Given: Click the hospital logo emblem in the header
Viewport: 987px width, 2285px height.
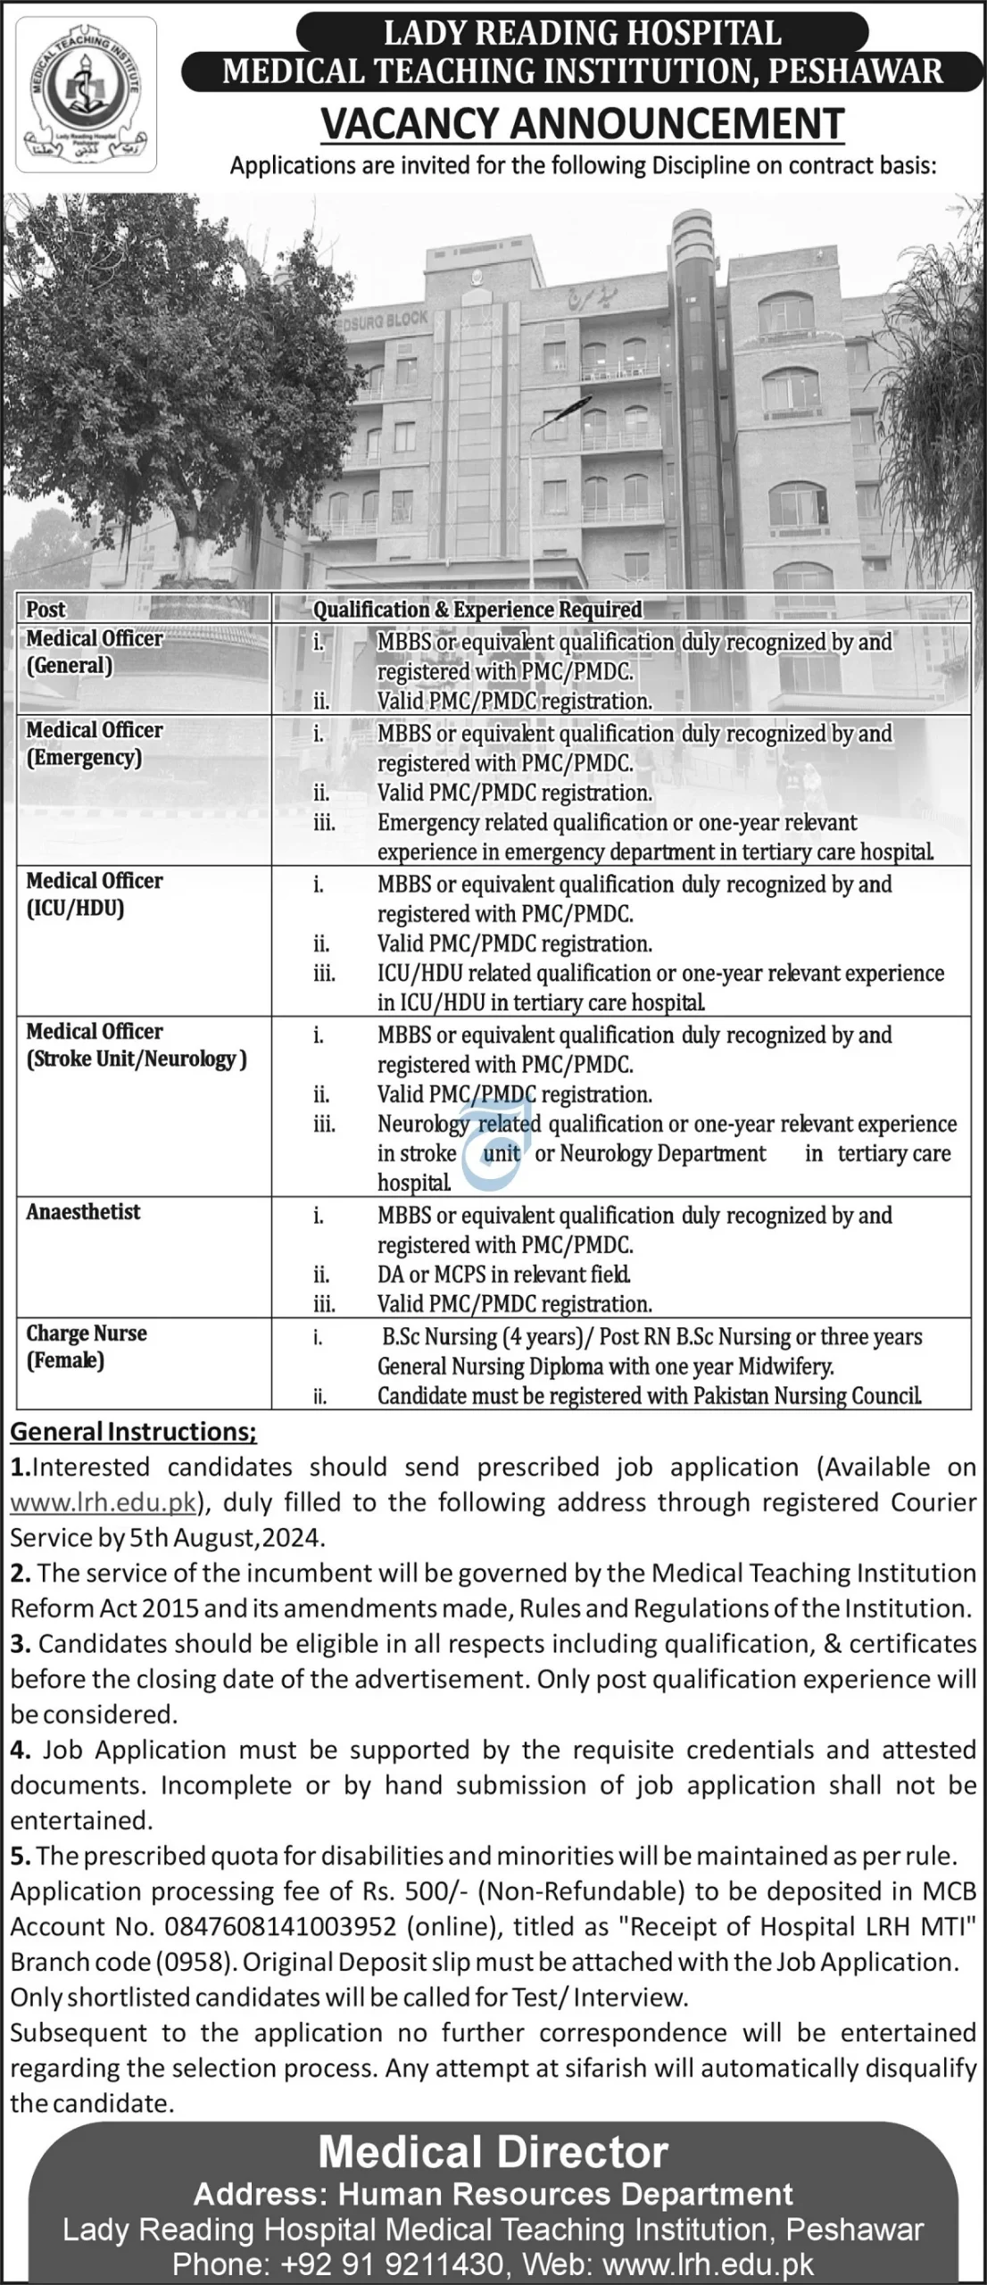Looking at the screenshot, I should (x=86, y=94).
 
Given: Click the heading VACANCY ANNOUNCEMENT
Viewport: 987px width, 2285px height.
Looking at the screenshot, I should (x=582, y=124).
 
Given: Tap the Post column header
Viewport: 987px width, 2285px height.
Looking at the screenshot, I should (x=46, y=610).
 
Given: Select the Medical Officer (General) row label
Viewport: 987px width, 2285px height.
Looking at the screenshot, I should (x=94, y=652).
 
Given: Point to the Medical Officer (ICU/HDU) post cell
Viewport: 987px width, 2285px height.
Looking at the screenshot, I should (x=94, y=894).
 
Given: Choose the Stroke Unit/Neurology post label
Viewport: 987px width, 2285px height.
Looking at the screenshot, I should (x=136, y=1059).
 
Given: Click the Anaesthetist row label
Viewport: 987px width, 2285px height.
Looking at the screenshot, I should (x=83, y=1211).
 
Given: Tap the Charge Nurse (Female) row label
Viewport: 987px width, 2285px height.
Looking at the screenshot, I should (x=86, y=1346).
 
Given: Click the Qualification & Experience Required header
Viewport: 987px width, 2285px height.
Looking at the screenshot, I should (x=477, y=610).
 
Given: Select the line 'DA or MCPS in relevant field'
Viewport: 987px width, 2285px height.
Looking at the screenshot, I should (x=504, y=1275).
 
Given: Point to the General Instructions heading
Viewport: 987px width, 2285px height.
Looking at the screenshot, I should (x=133, y=1432).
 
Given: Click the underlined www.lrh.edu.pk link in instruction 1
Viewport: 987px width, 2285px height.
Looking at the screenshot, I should (x=103, y=1502).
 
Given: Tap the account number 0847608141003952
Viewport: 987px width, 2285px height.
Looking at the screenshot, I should (x=280, y=1926).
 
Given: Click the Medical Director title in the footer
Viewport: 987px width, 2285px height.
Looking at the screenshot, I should (x=493, y=2152).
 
